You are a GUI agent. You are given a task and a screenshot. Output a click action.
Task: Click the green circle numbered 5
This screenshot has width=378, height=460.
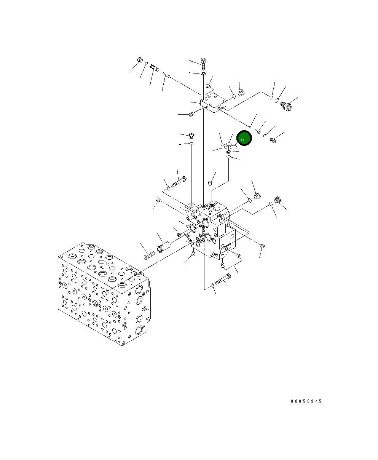(x=244, y=138)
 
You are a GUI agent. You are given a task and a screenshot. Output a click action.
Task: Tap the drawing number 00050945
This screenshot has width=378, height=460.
(x=306, y=401)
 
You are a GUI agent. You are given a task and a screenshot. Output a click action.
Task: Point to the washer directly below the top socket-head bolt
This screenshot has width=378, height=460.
(x=204, y=73)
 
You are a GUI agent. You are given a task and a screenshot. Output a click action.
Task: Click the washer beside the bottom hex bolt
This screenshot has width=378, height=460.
(x=212, y=284)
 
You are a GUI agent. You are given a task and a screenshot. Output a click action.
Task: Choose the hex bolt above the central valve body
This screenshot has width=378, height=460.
(x=179, y=182)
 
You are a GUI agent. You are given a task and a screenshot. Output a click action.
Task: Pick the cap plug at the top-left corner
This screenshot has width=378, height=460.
(x=139, y=60)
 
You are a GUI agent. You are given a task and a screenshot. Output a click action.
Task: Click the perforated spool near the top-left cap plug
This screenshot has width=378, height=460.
(x=154, y=68)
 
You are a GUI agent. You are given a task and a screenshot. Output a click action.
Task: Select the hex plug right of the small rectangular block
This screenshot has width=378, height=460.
(x=241, y=93)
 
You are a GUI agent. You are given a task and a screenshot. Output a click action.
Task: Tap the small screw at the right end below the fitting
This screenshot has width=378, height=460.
(x=272, y=140)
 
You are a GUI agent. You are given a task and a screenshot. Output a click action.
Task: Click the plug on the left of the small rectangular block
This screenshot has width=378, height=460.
(x=191, y=114)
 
